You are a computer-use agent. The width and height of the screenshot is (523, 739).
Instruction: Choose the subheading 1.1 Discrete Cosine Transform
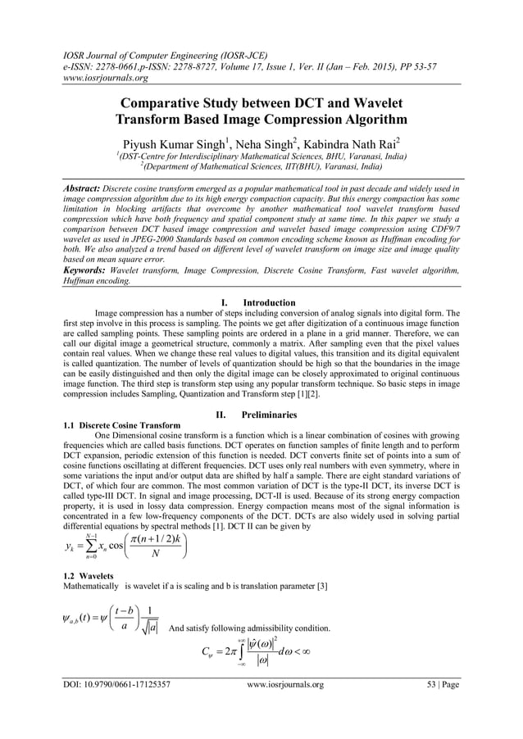click(x=122, y=426)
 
